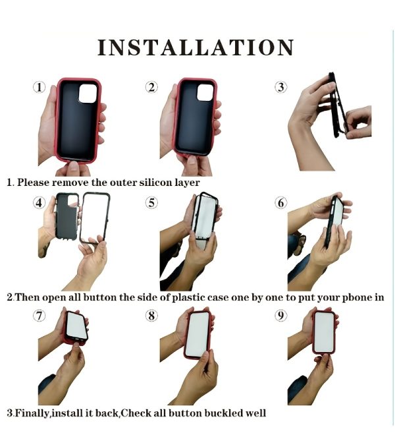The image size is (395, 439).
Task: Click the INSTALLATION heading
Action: tap(196, 47)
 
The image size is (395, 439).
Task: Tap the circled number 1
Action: tap(39, 87)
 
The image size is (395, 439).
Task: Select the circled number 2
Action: tap(151, 87)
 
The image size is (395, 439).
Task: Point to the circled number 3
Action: tap(281, 87)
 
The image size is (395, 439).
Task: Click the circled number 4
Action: tap(39, 203)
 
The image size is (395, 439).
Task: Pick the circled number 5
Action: tap(151, 203)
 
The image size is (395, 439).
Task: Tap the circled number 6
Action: tap(281, 203)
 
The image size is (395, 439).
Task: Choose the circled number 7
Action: tap(39, 316)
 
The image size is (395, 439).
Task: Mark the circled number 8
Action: tap(151, 316)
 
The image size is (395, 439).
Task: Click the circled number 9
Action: tap(281, 316)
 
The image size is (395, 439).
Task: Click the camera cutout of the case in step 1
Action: tap(88, 93)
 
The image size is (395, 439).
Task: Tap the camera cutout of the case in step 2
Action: tap(205, 92)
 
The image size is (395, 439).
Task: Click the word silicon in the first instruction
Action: tap(156, 183)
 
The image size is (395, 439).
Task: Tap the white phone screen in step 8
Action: tap(197, 335)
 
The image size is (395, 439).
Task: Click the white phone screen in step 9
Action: tap(323, 332)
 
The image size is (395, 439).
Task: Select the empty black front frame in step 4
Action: tap(82, 218)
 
